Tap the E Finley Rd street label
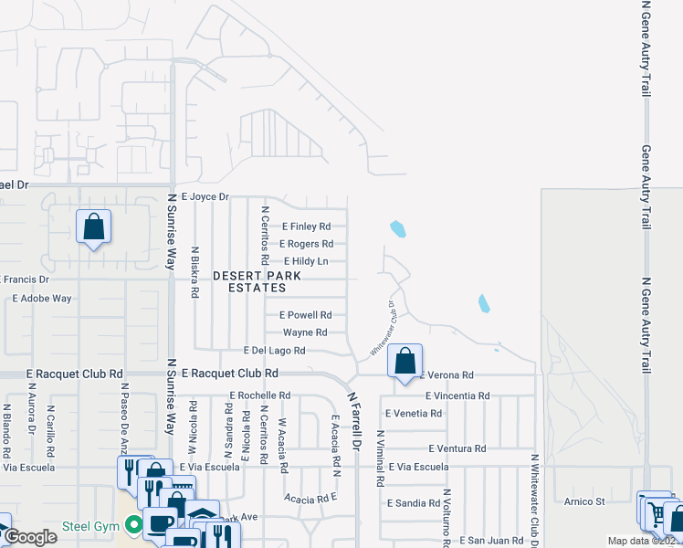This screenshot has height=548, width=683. pyautogui.click(x=307, y=227)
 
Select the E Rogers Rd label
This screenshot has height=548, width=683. pyautogui.click(x=306, y=244)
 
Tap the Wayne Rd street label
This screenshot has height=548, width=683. pyautogui.click(x=305, y=332)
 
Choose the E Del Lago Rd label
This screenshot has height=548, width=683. pyautogui.click(x=274, y=351)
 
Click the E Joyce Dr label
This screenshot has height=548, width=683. pyautogui.click(x=205, y=196)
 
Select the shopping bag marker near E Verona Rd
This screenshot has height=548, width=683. pyautogui.click(x=405, y=360)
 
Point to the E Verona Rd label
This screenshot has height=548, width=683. pyautogui.click(x=447, y=375)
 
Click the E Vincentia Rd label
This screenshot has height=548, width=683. pyautogui.click(x=457, y=395)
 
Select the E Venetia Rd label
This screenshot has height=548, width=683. pyautogui.click(x=414, y=413)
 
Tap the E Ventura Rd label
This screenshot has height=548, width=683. pyautogui.click(x=457, y=448)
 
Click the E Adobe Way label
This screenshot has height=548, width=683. pyautogui.click(x=42, y=298)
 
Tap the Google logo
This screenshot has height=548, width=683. pyautogui.click(x=30, y=537)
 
